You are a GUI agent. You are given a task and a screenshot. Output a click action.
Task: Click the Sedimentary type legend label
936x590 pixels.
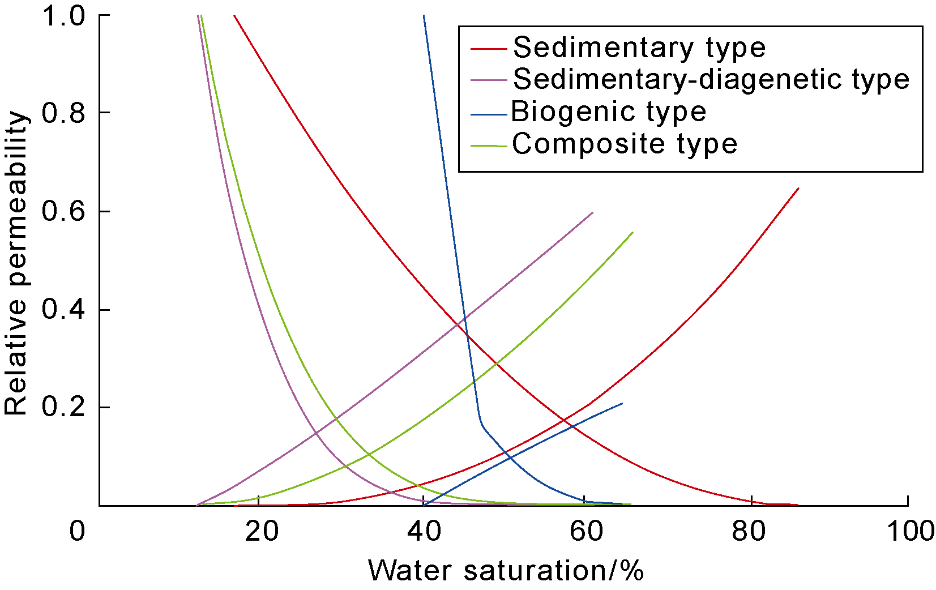point(639,48)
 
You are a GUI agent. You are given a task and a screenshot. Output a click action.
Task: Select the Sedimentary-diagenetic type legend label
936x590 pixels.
point(711,79)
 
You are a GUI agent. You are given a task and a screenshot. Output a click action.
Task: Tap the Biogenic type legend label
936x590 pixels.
point(609,112)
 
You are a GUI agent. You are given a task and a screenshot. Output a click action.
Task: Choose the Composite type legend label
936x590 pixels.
point(625,144)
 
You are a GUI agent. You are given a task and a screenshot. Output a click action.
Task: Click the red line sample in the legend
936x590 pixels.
point(488,49)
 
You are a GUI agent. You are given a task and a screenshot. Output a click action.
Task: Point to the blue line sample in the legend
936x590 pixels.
point(488,114)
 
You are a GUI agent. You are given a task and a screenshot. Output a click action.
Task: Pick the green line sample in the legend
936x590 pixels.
point(488,146)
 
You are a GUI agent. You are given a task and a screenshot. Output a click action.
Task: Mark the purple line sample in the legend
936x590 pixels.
point(488,81)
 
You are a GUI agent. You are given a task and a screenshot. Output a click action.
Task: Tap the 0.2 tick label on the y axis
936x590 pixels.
point(63,407)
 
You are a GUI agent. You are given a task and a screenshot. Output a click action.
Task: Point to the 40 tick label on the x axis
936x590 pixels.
point(424,532)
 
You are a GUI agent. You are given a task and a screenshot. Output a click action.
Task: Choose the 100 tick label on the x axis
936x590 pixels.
point(910,532)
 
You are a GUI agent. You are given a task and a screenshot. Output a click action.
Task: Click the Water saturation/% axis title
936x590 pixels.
point(506,571)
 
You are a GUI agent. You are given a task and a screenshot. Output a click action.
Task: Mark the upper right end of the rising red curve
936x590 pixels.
point(798,188)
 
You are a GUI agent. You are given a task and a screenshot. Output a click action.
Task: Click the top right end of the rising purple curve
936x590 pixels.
point(593,212)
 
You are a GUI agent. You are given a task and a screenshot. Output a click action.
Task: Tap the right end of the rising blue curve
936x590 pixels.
point(622,403)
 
